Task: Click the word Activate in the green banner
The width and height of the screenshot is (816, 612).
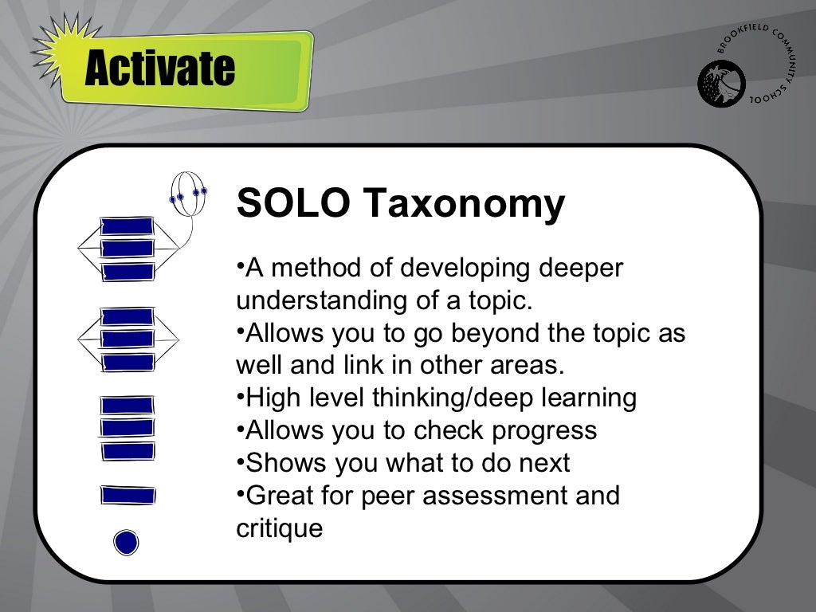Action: coord(159,69)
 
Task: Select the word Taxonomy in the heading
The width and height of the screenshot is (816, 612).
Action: coord(465,205)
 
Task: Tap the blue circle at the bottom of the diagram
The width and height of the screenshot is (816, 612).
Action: coord(126,543)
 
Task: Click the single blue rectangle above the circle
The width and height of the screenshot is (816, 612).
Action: coord(127,496)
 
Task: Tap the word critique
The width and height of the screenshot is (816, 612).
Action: coord(280,528)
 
